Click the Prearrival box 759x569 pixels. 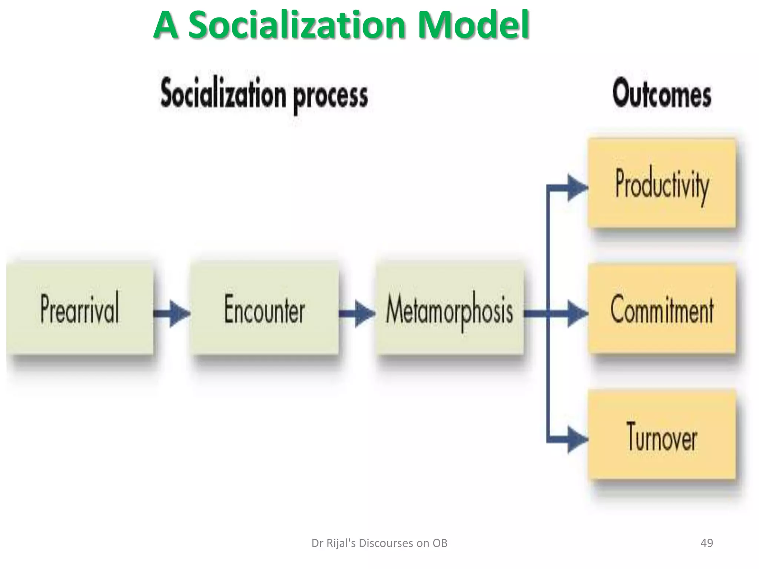pyautogui.click(x=80, y=309)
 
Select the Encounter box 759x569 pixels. pyautogui.click(x=265, y=309)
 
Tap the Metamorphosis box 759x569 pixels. pyautogui.click(x=450, y=309)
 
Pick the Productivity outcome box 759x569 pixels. pyautogui.click(x=662, y=183)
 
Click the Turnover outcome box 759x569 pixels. pyautogui.click(x=662, y=435)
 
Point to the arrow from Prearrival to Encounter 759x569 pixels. pyautogui.click(x=172, y=314)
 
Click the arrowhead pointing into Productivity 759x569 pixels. pyautogui.click(x=577, y=188)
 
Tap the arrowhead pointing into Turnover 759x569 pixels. pyautogui.click(x=577, y=440)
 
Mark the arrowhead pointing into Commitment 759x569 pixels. pyautogui.click(x=577, y=314)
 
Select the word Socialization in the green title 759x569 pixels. pyautogui.click(x=296, y=25)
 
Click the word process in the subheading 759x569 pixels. pyautogui.click(x=331, y=96)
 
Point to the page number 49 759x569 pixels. pyautogui.click(x=707, y=543)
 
